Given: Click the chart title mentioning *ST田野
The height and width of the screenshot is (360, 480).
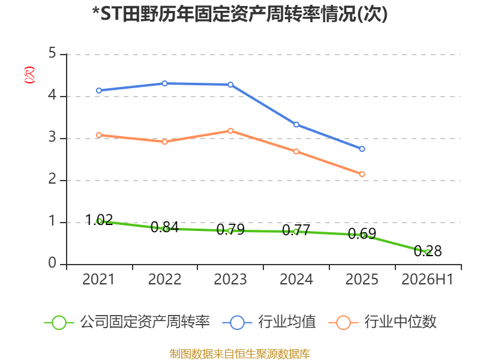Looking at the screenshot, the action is (240, 14).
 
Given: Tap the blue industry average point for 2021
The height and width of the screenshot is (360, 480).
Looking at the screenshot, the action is (99, 91).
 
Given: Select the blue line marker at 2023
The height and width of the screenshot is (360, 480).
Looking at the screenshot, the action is (230, 85).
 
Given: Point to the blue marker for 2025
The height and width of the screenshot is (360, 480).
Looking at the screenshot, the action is (362, 149).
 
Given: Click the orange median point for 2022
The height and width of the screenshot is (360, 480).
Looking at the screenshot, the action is (164, 142).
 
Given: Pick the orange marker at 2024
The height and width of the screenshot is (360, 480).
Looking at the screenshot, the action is (296, 152).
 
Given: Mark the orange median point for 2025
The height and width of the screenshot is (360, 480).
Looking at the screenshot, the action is (362, 174).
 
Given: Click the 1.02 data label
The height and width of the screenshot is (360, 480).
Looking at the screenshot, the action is (99, 220).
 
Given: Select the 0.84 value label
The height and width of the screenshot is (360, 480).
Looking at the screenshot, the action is (164, 227).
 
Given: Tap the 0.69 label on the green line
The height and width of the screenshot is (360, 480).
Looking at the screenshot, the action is (362, 233).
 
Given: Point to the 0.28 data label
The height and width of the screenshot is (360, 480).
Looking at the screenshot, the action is (428, 251).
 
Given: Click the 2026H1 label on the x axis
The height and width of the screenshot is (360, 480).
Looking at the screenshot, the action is (427, 279).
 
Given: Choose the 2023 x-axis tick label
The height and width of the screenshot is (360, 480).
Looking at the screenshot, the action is (230, 279).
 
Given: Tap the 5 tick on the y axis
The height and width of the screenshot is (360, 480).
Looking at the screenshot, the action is (52, 53).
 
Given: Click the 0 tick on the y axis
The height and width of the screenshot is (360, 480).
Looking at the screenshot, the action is (52, 263).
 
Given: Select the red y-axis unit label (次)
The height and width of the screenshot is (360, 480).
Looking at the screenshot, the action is (29, 75).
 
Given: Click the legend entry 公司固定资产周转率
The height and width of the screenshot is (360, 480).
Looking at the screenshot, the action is (127, 322).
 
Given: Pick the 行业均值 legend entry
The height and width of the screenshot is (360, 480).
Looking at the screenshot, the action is (269, 322).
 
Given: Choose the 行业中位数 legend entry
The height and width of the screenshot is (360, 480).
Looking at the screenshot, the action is (382, 322).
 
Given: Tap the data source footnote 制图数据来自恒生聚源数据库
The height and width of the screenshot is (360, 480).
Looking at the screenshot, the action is (240, 354).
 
